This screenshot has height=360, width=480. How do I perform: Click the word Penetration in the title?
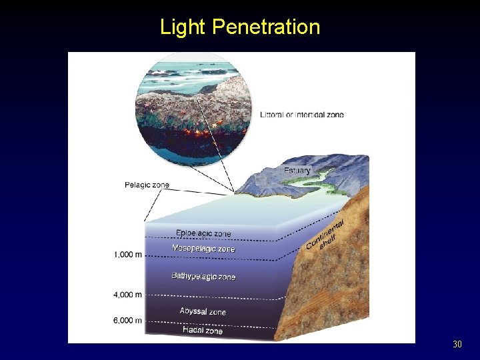[266, 27]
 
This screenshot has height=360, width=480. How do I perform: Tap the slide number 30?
[457, 345]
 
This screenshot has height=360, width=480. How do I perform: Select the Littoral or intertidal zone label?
[302, 115]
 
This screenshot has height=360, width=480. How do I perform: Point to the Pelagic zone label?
[147, 185]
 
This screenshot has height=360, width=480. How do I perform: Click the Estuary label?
[297, 171]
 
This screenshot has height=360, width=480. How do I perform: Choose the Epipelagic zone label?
[203, 233]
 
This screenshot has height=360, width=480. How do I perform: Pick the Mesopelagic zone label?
[203, 249]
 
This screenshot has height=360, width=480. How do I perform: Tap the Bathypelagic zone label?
[203, 276]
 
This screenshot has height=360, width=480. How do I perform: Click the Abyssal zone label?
[203, 311]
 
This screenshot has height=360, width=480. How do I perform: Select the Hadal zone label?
[203, 330]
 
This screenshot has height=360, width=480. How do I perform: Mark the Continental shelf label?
[326, 234]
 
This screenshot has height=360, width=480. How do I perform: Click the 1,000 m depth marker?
[127, 255]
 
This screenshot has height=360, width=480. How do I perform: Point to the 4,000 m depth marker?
[127, 294]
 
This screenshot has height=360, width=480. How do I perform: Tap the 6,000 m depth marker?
[127, 321]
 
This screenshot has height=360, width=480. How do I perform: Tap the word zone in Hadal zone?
[213, 331]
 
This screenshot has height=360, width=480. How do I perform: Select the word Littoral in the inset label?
[273, 115]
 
